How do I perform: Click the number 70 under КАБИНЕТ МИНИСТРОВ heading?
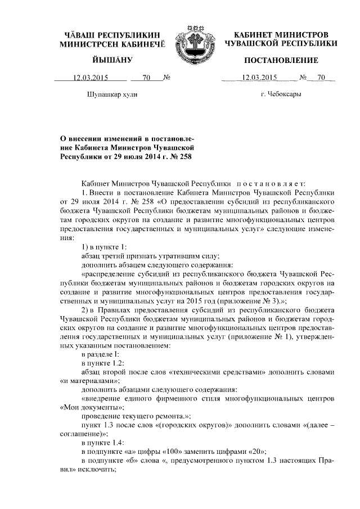tap(321, 78)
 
